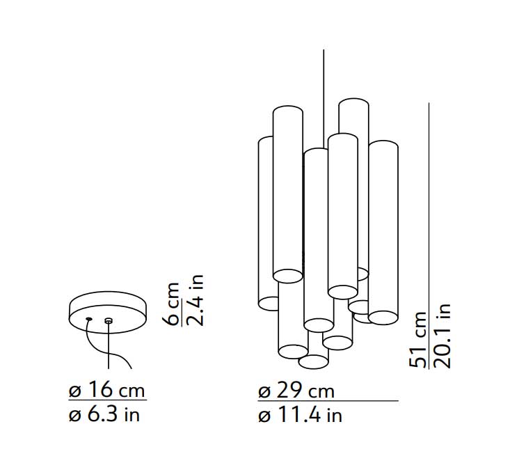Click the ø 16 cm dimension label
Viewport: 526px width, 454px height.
click(106, 390)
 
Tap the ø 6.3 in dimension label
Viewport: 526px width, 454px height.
click(104, 414)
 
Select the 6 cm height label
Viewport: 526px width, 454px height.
click(173, 304)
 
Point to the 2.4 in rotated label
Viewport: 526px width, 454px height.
click(196, 300)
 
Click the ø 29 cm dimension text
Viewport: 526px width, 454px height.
click(296, 391)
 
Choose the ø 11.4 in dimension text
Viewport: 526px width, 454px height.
click(301, 415)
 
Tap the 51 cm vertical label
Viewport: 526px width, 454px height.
click(418, 340)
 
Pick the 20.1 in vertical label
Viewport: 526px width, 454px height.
click(442, 336)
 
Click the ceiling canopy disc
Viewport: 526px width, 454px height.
click(108, 312)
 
